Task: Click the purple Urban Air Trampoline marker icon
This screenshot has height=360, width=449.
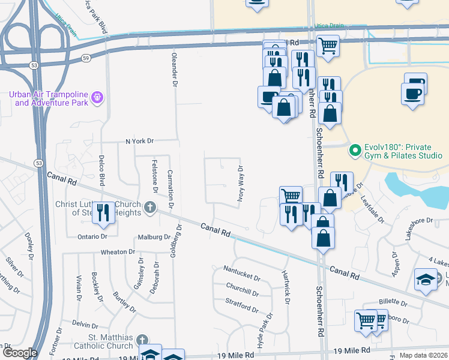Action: (98, 96)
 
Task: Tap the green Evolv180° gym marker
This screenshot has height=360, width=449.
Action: (355, 149)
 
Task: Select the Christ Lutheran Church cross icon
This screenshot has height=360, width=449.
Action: (150, 208)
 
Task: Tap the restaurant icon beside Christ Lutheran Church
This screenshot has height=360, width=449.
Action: (103, 212)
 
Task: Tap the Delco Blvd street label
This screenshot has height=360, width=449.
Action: (102, 170)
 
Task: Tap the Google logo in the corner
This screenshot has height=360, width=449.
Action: (19, 353)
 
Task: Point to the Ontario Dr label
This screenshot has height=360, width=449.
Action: (92, 236)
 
